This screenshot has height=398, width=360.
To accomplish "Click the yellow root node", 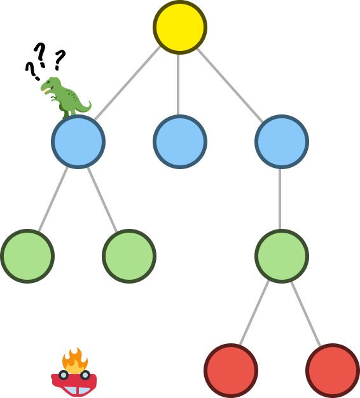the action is pyautogui.click(x=180, y=27).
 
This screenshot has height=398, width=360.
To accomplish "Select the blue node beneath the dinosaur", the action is pyautogui.click(x=78, y=142).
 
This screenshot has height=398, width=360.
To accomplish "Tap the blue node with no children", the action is pyautogui.click(x=180, y=142).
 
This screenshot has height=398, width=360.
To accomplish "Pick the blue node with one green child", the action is pyautogui.click(x=282, y=142).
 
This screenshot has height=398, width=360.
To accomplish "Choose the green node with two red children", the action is pyautogui.click(x=282, y=256).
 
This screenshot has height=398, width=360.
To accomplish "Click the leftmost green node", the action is pyautogui.click(x=27, y=256).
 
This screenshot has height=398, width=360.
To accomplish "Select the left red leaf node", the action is pyautogui.click(x=231, y=371).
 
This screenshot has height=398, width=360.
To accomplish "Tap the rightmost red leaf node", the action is pyautogui.click(x=333, y=371).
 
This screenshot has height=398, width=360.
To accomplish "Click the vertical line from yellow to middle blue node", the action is pyautogui.click(x=178, y=85).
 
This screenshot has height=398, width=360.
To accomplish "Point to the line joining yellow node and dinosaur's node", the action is pyautogui.click(x=127, y=83).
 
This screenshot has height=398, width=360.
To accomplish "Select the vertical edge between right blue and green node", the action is pyautogui.click(x=280, y=199).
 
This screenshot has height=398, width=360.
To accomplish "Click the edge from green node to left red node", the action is pyautogui.click(x=254, y=313).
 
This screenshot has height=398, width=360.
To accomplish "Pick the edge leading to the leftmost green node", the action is pyautogui.click(x=53, y=199).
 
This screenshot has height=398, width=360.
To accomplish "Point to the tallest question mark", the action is pyautogui.click(x=40, y=55).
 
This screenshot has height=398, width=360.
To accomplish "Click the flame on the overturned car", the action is pyautogui.click(x=75, y=360).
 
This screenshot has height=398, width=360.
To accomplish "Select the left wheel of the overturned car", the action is pyautogui.click(x=64, y=375).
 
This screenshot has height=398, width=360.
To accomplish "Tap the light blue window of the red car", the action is pyautogui.click(x=76, y=390).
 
